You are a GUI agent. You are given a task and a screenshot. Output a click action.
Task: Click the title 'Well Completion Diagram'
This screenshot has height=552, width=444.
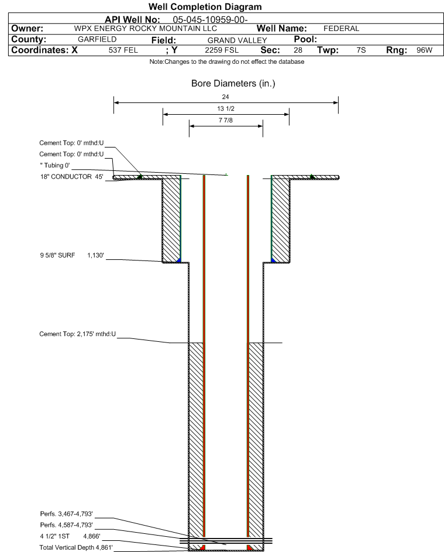[205, 6]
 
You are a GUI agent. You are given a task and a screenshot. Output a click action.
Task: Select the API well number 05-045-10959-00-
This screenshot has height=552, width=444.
[210, 20]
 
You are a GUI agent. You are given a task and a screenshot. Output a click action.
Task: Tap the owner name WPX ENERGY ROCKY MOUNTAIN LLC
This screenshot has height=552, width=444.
[145, 29]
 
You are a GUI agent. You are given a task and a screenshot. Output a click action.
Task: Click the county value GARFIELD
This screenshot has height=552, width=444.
[97, 39]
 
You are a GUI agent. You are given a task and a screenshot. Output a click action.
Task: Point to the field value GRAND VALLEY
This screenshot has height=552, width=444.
[237, 40]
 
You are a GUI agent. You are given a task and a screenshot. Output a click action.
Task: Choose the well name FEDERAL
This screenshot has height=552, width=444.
[341, 29]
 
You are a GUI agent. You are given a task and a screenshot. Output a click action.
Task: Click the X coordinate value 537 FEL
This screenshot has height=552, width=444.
[123, 50]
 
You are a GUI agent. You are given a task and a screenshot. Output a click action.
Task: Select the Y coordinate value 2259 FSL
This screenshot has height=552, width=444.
[222, 50]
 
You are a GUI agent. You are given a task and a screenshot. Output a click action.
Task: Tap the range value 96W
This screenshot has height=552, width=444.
[424, 50]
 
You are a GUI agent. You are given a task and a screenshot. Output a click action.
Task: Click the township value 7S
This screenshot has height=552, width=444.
[361, 50]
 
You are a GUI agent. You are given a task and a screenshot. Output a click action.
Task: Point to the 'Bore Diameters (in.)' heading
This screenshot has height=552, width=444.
[233, 84]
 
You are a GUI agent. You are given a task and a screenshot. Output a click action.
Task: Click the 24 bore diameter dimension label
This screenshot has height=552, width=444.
[226, 97]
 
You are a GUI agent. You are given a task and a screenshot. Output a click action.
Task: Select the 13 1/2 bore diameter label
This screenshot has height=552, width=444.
[226, 108]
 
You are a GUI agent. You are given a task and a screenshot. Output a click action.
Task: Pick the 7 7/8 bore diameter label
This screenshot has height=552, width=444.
[226, 120]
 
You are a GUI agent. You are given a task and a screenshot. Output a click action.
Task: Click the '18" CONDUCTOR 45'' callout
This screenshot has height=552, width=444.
[72, 177]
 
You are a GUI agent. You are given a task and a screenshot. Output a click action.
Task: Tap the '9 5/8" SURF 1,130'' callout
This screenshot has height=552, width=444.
[72, 255]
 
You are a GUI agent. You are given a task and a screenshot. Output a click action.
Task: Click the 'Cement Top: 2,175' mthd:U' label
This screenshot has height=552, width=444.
[77, 334]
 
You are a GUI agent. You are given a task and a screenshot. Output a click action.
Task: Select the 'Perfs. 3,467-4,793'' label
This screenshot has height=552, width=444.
[67, 514]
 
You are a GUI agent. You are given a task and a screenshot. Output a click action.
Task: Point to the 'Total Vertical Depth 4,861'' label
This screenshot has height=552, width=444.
[76, 547]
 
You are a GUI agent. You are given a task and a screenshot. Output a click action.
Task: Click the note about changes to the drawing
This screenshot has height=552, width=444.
[227, 61]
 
